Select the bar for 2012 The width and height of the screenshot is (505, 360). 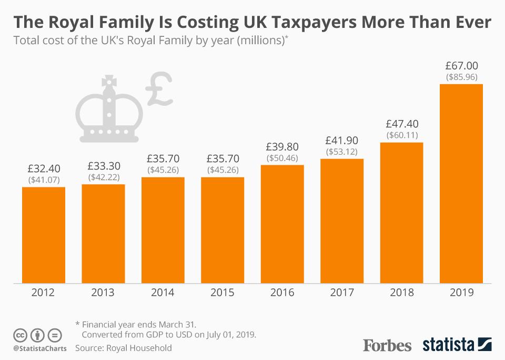(x=44, y=235)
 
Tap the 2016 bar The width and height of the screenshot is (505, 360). (x=282, y=224)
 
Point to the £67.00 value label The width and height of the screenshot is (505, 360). (x=461, y=66)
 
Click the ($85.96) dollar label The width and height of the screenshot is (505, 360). (x=461, y=77)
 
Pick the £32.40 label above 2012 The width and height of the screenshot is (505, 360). (x=44, y=169)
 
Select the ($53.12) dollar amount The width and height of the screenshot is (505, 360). (x=342, y=152)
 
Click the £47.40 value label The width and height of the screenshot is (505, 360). (x=402, y=124)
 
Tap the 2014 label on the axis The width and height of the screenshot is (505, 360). (x=163, y=293)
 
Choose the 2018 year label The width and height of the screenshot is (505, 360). (x=402, y=293)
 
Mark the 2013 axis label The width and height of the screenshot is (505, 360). (x=103, y=293)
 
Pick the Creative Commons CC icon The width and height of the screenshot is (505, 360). (x=20, y=335)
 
